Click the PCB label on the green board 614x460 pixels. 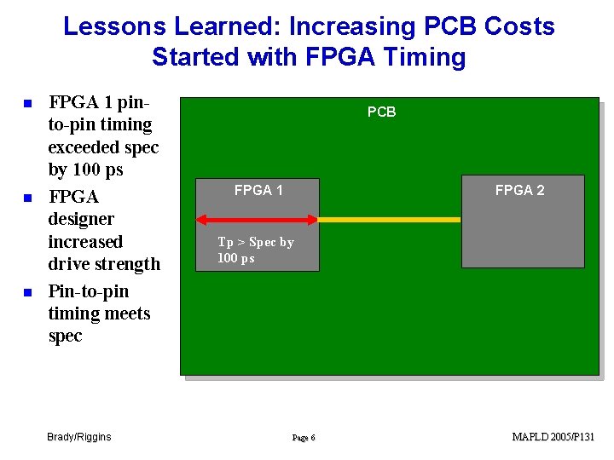(x=381, y=112)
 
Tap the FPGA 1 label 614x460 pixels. (x=258, y=191)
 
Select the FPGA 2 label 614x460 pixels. (x=519, y=191)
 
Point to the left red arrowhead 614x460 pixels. (x=202, y=220)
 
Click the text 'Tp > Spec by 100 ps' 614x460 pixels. (x=255, y=250)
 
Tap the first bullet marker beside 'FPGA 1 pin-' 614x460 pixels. (x=27, y=104)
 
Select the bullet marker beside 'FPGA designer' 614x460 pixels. (x=27, y=198)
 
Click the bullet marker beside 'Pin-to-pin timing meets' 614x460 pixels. (x=27, y=292)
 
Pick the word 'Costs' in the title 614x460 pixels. (x=519, y=26)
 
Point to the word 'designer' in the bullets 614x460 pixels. (x=81, y=220)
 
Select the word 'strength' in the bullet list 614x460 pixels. (x=129, y=264)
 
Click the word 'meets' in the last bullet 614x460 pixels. (x=125, y=314)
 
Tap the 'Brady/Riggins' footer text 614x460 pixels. (x=79, y=437)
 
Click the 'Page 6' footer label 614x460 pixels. (x=304, y=438)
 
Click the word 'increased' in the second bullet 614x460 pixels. (x=85, y=242)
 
